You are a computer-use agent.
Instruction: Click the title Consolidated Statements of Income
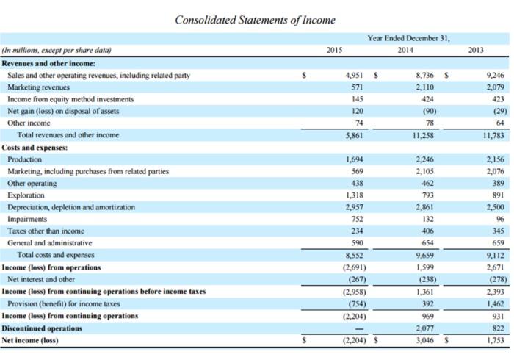coord(255,19)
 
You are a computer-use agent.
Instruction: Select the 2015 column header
coord(333,50)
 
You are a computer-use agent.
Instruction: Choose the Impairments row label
coord(27,218)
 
